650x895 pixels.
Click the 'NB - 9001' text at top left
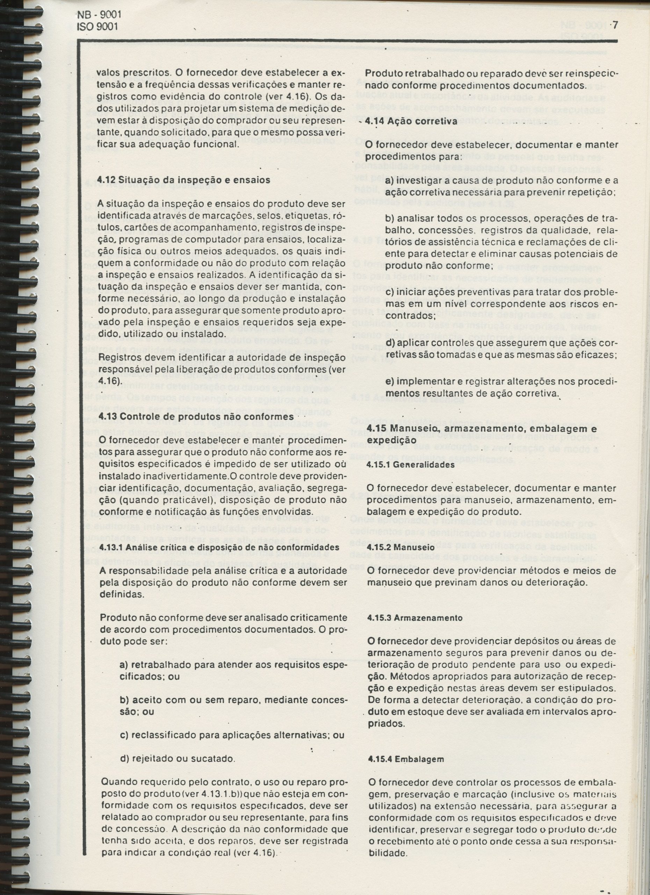(97, 15)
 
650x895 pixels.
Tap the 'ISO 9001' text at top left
(97, 27)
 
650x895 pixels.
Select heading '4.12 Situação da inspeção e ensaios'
(184, 180)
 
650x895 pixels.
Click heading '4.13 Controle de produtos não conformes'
(196, 417)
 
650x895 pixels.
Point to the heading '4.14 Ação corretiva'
(411, 121)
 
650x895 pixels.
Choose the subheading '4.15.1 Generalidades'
(411, 465)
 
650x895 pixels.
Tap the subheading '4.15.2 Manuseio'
(401, 547)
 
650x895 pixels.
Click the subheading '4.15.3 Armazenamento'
(414, 618)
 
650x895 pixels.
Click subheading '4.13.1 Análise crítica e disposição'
(219, 547)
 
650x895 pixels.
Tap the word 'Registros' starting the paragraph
(117, 358)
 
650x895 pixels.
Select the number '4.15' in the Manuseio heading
(376, 429)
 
